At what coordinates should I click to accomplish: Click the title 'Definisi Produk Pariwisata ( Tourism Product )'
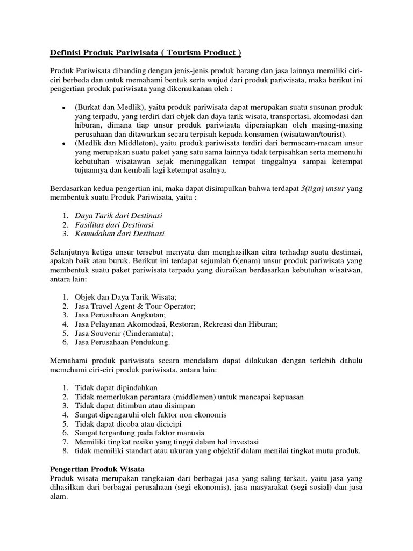tap(146, 53)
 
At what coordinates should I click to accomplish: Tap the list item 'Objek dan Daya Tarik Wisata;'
tap(125, 296)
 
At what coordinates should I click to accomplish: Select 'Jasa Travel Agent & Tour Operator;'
tap(135, 306)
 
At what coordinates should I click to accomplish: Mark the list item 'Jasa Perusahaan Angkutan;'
tap(120, 315)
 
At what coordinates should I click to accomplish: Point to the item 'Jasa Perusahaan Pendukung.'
tap(123, 342)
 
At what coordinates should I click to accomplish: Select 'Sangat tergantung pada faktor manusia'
tap(139, 433)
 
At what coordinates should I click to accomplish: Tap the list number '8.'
tap(65, 451)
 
